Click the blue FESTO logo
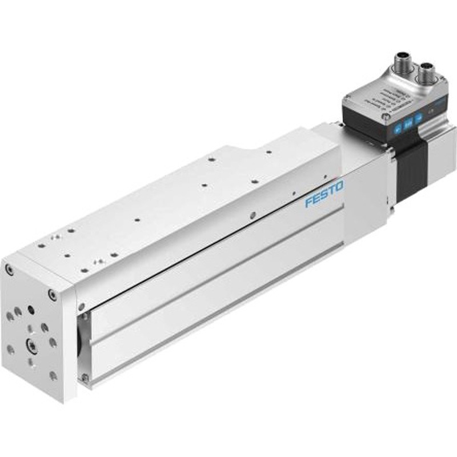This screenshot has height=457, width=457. [x=324, y=194]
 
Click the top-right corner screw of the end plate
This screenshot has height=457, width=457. [x=53, y=294]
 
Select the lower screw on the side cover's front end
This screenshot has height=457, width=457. [x=85, y=377]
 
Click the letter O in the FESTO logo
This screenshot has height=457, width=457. [x=340, y=187]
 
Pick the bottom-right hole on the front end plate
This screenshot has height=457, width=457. [x=53, y=376]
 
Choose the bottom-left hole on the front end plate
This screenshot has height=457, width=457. [x=11, y=348]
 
